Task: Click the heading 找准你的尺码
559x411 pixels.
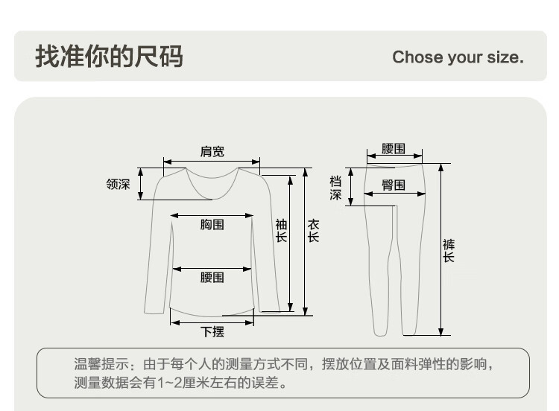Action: click(x=109, y=57)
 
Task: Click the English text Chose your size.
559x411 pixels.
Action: click(x=458, y=57)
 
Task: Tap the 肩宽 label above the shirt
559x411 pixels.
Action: click(x=212, y=152)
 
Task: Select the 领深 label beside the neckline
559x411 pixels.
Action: click(x=118, y=184)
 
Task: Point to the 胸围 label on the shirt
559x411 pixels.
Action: click(x=212, y=224)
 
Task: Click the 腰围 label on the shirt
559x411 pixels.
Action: click(x=212, y=277)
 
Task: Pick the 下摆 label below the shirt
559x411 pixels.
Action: click(x=212, y=331)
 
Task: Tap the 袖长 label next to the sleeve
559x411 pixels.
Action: click(x=281, y=230)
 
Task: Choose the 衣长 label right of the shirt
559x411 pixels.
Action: click(x=313, y=230)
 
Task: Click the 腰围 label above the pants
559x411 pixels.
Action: click(x=394, y=149)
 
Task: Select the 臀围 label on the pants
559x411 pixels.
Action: click(x=394, y=185)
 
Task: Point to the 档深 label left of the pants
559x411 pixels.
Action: click(x=336, y=188)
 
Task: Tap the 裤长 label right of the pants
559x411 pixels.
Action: click(x=448, y=250)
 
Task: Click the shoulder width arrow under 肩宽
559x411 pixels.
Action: click(x=212, y=162)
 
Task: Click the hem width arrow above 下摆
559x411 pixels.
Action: click(x=212, y=322)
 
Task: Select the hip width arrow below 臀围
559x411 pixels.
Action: click(x=394, y=194)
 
